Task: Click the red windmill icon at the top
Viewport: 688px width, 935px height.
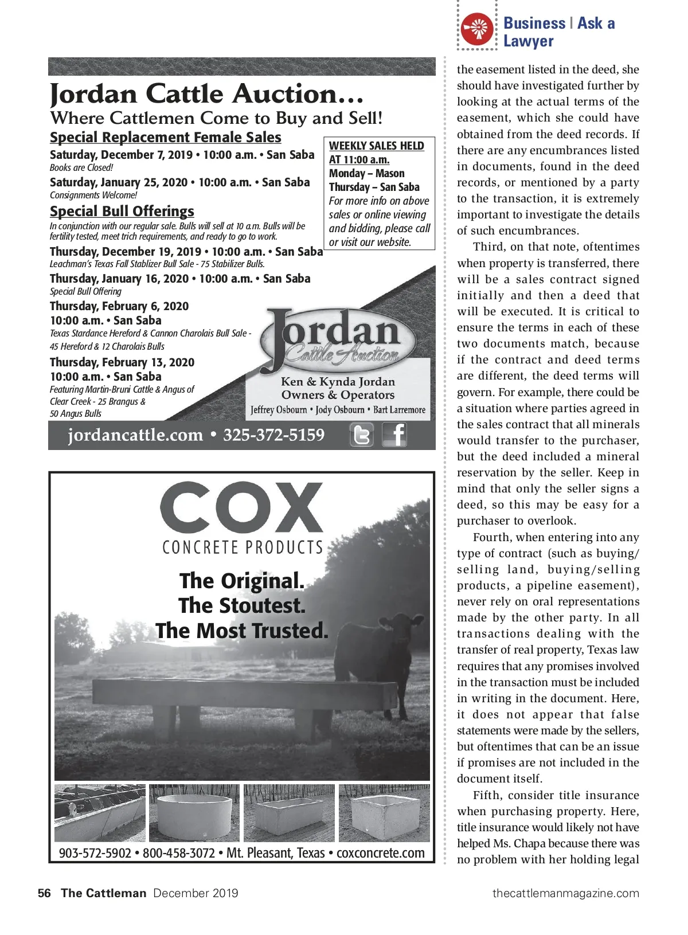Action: click(477, 29)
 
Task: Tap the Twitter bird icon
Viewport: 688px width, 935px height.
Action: click(361, 435)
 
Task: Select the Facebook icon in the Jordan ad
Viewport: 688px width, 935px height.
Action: click(394, 435)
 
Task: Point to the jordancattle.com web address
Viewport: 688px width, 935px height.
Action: click(135, 435)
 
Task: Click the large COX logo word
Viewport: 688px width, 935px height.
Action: click(241, 508)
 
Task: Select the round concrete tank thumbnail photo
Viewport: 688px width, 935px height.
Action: click(194, 813)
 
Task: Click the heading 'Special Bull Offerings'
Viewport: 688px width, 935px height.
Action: click(122, 212)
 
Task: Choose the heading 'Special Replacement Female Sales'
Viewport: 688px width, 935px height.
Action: click(166, 138)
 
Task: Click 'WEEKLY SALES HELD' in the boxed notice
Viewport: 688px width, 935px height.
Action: click(376, 146)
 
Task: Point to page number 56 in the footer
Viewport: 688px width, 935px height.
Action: click(44, 893)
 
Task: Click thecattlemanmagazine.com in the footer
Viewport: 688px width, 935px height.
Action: click(565, 893)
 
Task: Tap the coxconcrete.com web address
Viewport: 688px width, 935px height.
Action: click(380, 853)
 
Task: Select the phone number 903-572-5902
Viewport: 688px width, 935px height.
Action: click(95, 853)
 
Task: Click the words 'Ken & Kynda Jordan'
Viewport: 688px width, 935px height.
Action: click(338, 382)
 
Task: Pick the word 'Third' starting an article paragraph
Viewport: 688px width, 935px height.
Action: click(488, 247)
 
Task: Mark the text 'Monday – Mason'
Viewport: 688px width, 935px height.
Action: click(366, 174)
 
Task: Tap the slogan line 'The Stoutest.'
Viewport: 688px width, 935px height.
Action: click(241, 606)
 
